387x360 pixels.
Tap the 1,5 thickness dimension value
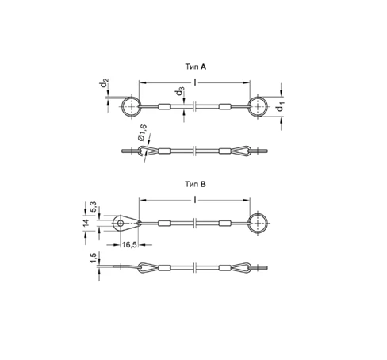pos(94,259)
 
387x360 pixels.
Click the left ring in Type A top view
pos(132,108)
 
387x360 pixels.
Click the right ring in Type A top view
pos(259,108)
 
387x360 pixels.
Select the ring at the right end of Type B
pos(259,223)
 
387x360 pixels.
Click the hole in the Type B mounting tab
pos(121,223)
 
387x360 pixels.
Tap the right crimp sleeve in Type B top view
pos(224,223)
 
